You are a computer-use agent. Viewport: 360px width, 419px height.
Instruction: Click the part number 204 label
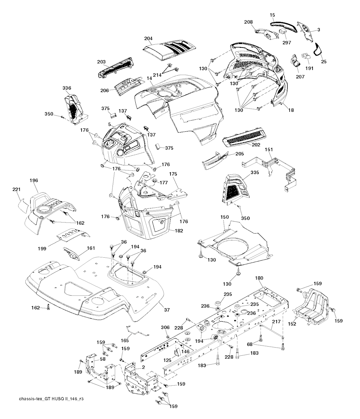pyautogui.click(x=149, y=38)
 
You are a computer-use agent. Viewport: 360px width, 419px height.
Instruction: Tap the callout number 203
pyautogui.click(x=102, y=62)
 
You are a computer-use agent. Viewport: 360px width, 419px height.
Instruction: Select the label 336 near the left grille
pyautogui.click(x=67, y=88)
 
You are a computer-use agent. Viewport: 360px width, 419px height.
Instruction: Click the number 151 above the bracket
pyautogui.click(x=269, y=150)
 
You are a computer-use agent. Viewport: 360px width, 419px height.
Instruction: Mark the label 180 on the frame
pyautogui.click(x=259, y=278)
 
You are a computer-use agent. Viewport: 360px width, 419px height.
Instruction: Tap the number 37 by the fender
pyautogui.click(x=167, y=310)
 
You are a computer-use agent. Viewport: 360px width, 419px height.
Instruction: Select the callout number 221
pyautogui.click(x=17, y=190)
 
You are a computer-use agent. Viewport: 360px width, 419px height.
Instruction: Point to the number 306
pyautogui.click(x=165, y=327)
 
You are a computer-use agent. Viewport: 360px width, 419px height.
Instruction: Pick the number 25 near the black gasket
pyautogui.click(x=323, y=62)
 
